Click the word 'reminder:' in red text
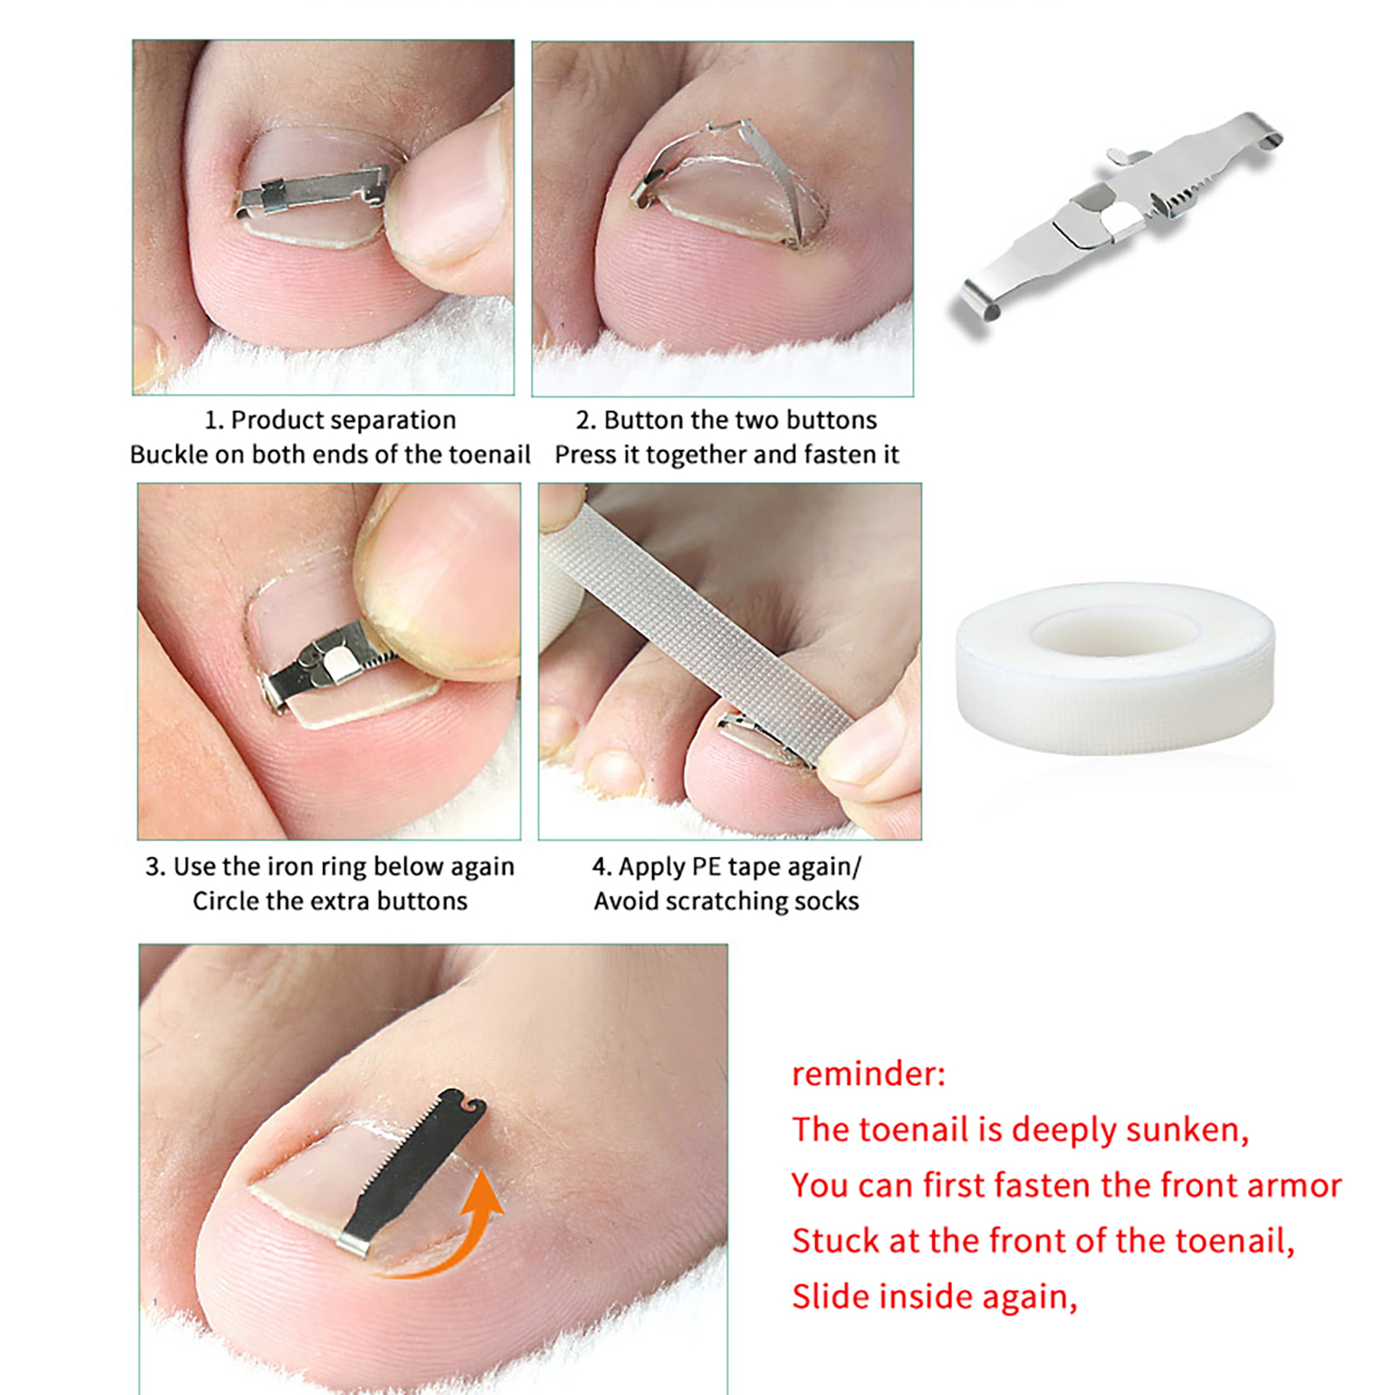pos(868,1073)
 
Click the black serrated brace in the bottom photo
pos(413,1171)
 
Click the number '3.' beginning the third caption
pos(155,867)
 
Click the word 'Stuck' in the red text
pos(835,1241)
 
